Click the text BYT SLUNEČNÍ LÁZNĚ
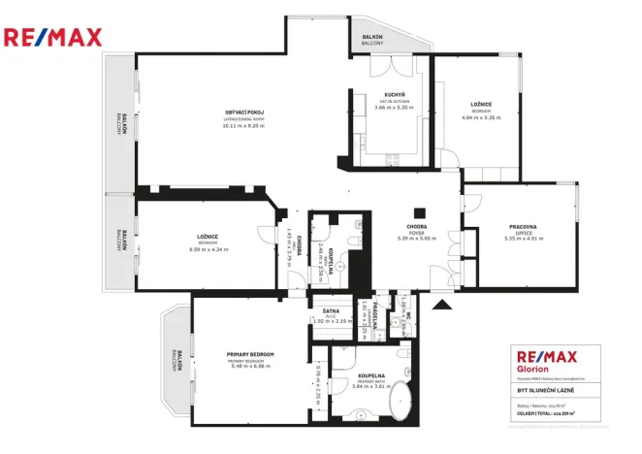548,390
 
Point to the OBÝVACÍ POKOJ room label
244,113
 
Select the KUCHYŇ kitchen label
393,94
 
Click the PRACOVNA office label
523,227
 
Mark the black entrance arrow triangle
442,306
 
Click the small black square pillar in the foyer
419,213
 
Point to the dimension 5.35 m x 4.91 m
523,239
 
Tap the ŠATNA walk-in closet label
330,311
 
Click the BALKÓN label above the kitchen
372,38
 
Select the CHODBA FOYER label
417,227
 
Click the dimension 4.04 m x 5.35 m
481,117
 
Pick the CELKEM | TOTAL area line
543,411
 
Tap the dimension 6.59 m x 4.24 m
209,249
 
